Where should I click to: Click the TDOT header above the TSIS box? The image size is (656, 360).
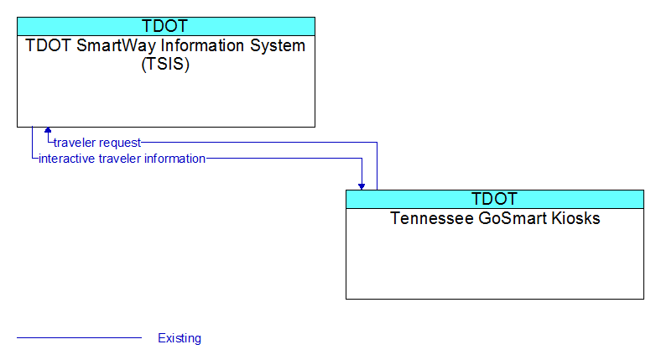pos(164,26)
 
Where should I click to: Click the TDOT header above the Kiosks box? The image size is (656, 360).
pos(494,199)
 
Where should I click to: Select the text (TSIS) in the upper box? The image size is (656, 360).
pos(165,64)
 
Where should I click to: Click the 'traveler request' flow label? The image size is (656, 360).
pos(97,143)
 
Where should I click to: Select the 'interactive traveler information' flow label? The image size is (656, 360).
pos(122,159)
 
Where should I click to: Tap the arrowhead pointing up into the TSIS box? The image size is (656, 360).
pos(48,130)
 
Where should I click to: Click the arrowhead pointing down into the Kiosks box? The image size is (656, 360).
pos(362,186)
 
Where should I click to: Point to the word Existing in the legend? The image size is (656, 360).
pos(180,338)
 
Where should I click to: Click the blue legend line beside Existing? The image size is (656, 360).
pos(79,337)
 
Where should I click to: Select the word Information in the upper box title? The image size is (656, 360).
pos(203,45)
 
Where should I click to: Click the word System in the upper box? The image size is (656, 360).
pos(278,45)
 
